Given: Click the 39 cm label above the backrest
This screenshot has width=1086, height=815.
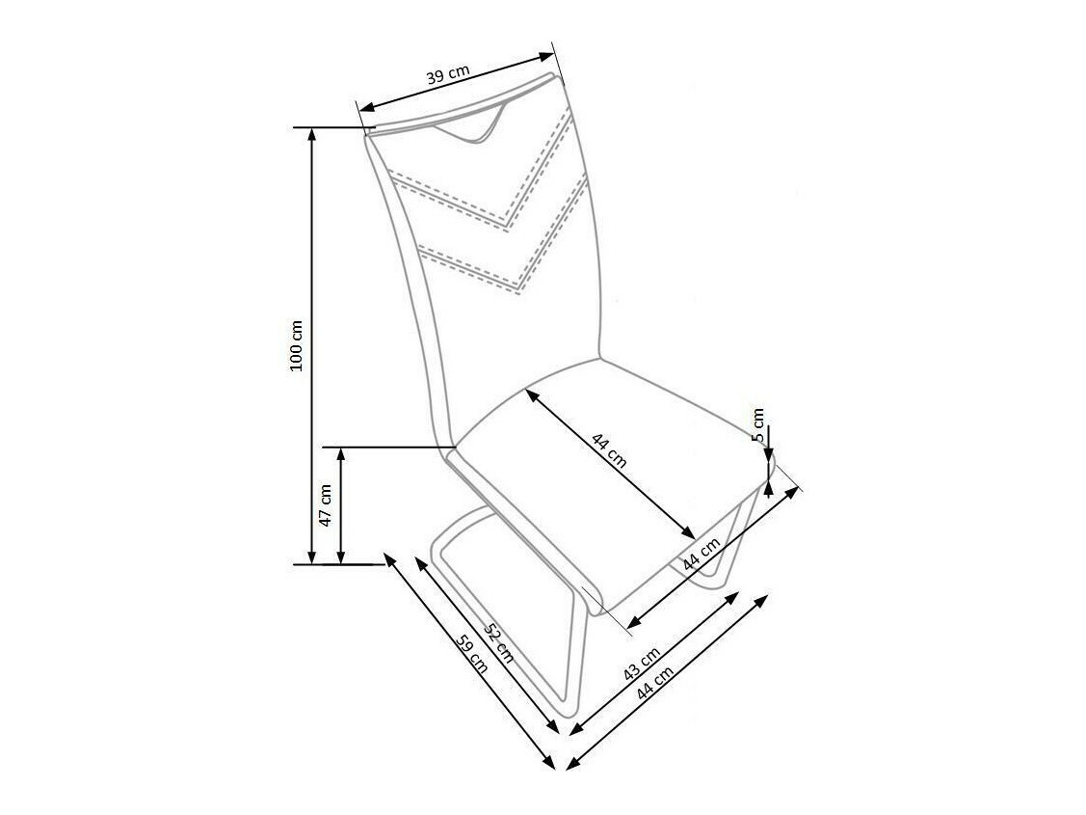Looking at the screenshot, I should point(449,76).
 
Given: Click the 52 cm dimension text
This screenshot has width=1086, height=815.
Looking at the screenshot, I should point(498,643).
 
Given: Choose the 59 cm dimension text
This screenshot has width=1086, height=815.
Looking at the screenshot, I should point(473,659).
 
